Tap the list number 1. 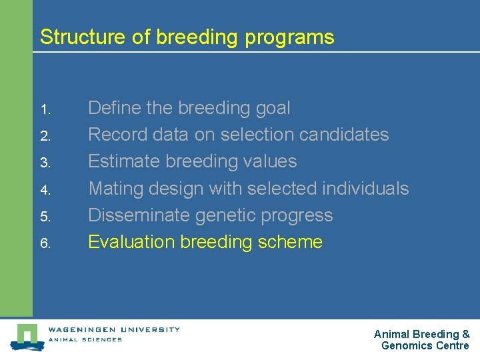45,109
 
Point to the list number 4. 45,190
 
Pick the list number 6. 45,243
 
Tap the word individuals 365,189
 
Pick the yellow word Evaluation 129,242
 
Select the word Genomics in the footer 407,345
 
